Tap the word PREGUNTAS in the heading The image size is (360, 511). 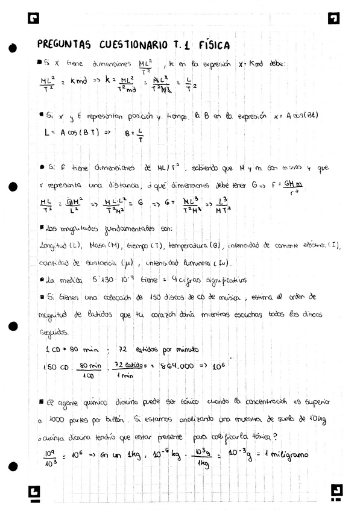63,45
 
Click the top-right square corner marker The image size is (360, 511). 334,19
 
